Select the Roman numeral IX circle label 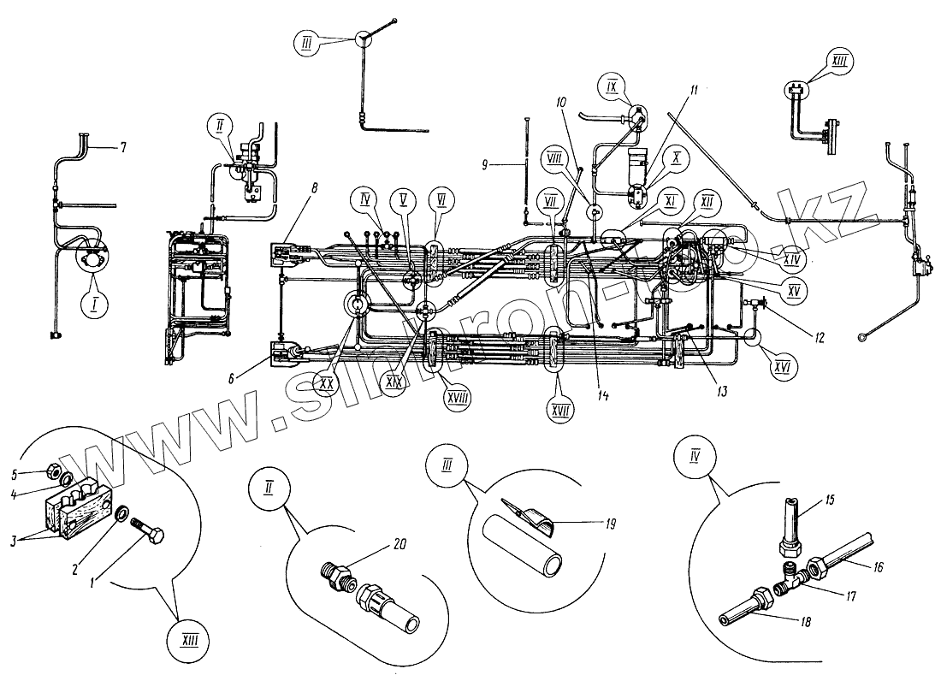(612, 87)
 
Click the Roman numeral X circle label (675, 159)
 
